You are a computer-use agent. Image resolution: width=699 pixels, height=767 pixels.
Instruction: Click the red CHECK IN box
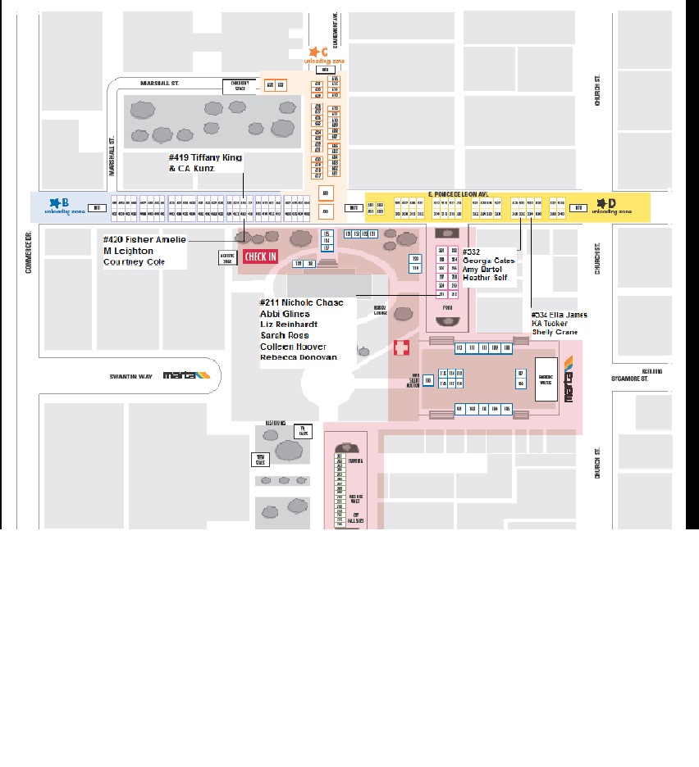click(x=261, y=256)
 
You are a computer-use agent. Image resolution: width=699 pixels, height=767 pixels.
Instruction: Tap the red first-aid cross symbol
click(x=401, y=348)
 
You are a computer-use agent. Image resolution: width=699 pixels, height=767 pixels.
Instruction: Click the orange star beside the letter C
click(x=313, y=52)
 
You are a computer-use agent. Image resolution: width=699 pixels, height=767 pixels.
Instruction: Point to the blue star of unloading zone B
click(x=55, y=202)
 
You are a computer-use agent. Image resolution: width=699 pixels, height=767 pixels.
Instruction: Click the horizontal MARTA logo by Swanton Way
click(x=187, y=375)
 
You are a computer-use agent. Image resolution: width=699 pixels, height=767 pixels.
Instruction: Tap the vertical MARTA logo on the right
click(x=569, y=378)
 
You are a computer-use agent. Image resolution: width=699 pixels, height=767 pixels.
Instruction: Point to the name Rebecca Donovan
click(x=298, y=357)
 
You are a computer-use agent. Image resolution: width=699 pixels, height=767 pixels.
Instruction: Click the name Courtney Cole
click(x=134, y=262)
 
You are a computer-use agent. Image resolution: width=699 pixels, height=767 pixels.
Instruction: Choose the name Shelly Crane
click(x=555, y=332)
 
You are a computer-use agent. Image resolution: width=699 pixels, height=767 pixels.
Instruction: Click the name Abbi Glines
click(x=285, y=313)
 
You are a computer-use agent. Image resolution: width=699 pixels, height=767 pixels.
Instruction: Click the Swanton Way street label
click(x=131, y=376)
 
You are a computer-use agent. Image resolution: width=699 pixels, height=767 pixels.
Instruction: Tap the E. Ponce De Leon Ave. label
click(x=458, y=194)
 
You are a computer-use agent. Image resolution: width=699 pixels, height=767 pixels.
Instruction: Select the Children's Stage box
click(x=239, y=85)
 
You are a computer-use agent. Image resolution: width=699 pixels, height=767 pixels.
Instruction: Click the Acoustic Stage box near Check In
click(x=227, y=256)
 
